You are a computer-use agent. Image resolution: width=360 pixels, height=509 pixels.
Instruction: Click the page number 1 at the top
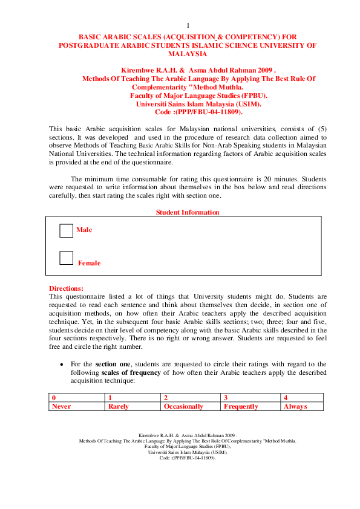pyautogui.click(x=188, y=25)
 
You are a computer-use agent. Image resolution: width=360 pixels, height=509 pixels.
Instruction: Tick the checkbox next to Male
pyautogui.click(x=67, y=230)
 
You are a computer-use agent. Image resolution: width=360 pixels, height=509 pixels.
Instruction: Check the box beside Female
pyautogui.click(x=67, y=258)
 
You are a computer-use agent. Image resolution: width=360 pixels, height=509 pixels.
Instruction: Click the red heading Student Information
pyautogui.click(x=188, y=212)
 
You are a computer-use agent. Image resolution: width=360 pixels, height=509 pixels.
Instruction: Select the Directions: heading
pyautogui.click(x=67, y=288)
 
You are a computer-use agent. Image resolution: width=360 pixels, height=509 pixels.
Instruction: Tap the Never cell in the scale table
pyautogui.click(x=62, y=407)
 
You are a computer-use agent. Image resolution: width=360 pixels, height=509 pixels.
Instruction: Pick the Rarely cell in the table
pyautogui.click(x=119, y=407)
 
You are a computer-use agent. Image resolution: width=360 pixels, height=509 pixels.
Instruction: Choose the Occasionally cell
pyautogui.click(x=183, y=407)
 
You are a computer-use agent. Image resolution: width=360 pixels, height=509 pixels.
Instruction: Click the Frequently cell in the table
pyautogui.click(x=241, y=407)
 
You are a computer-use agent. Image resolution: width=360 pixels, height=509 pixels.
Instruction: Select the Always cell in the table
pyautogui.click(x=295, y=407)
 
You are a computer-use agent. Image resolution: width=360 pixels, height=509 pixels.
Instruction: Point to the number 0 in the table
pyautogui.click(x=54, y=398)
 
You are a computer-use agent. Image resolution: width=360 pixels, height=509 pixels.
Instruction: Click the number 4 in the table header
pyautogui.click(x=286, y=398)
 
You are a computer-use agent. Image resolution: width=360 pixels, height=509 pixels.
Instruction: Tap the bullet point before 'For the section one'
pyautogui.click(x=62, y=365)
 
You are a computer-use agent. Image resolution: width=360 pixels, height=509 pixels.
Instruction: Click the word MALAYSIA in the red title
pyautogui.click(x=188, y=54)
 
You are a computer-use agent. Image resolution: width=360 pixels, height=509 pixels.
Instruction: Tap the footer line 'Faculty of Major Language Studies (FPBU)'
pyautogui.click(x=188, y=447)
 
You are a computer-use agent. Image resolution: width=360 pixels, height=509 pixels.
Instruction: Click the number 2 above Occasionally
pyautogui.click(x=166, y=398)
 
